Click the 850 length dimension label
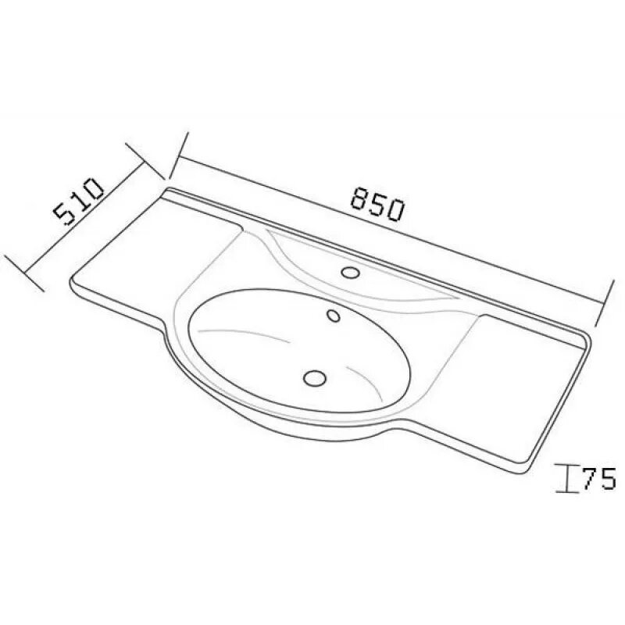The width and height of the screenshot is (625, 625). pos(377,204)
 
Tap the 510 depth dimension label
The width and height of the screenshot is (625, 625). pos(79,202)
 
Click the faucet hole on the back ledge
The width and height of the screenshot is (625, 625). pos(351,272)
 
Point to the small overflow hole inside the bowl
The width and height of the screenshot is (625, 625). pos(334,316)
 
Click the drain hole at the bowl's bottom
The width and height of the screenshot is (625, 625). pos(315,377)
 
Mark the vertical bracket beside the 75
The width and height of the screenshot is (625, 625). pos(567,478)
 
